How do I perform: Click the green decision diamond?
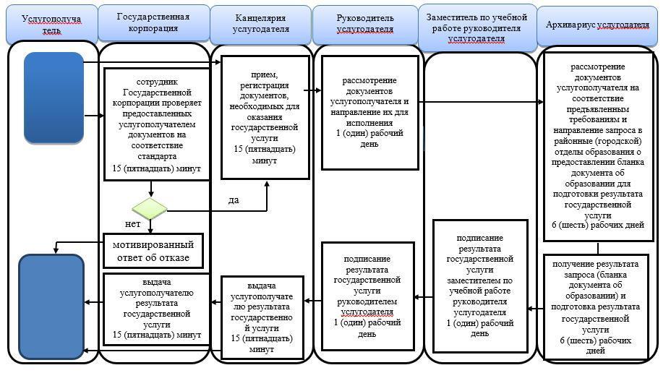(150, 210)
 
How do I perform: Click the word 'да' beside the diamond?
(233, 200)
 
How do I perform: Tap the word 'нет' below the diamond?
(133, 224)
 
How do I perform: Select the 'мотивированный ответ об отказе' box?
(151, 252)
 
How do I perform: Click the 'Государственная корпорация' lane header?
(153, 22)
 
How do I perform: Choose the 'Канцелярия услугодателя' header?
(261, 23)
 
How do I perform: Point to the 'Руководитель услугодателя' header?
(365, 23)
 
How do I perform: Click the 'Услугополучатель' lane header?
(51, 25)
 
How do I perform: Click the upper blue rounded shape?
(54, 98)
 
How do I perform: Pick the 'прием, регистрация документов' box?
(265, 117)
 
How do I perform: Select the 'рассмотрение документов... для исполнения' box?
(369, 113)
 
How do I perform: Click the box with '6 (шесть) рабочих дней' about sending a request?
(598, 145)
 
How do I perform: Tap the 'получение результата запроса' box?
(597, 306)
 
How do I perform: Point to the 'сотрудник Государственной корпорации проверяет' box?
(151, 123)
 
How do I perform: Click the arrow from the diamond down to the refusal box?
(150, 226)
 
